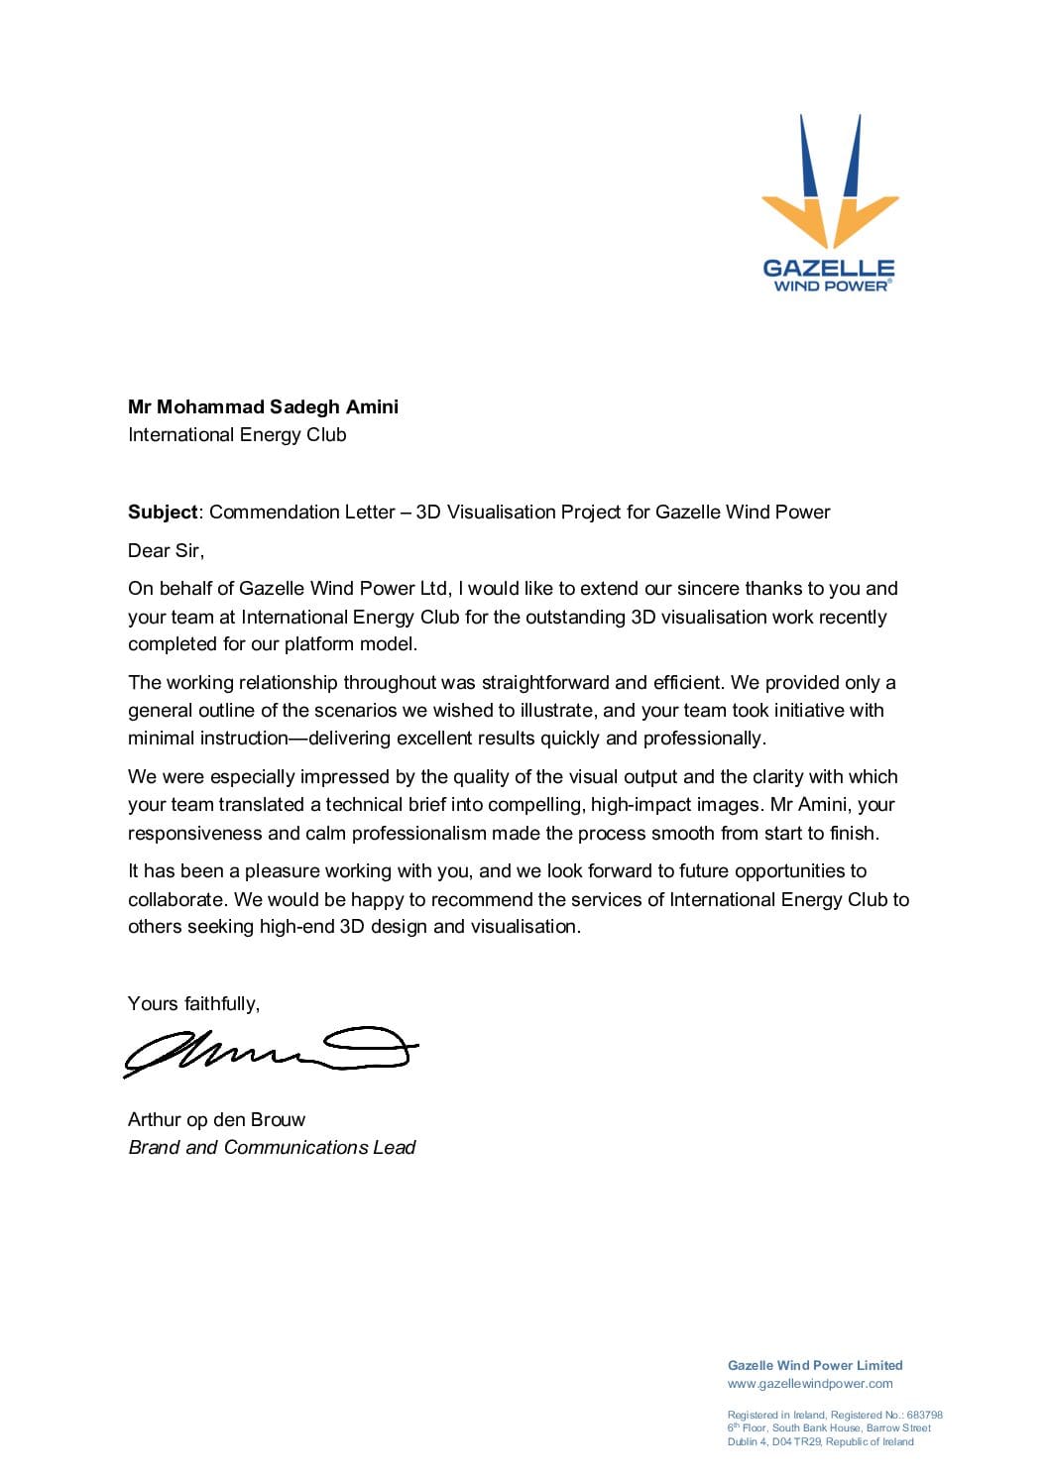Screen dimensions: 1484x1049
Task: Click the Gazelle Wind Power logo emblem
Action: (830, 182)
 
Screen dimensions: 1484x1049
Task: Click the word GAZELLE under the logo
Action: (829, 268)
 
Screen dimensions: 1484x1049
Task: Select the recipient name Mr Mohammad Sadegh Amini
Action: (263, 406)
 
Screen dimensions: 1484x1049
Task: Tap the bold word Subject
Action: (163, 512)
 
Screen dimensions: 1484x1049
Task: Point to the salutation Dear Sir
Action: (166, 550)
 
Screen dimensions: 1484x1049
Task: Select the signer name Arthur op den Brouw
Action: (216, 1119)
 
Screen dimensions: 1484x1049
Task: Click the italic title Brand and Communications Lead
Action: (272, 1147)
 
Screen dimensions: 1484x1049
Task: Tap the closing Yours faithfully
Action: (193, 1003)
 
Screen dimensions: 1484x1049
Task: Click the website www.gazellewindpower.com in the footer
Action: (810, 1383)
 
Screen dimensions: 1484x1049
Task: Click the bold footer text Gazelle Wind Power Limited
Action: (815, 1365)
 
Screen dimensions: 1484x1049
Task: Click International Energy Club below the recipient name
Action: (237, 434)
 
